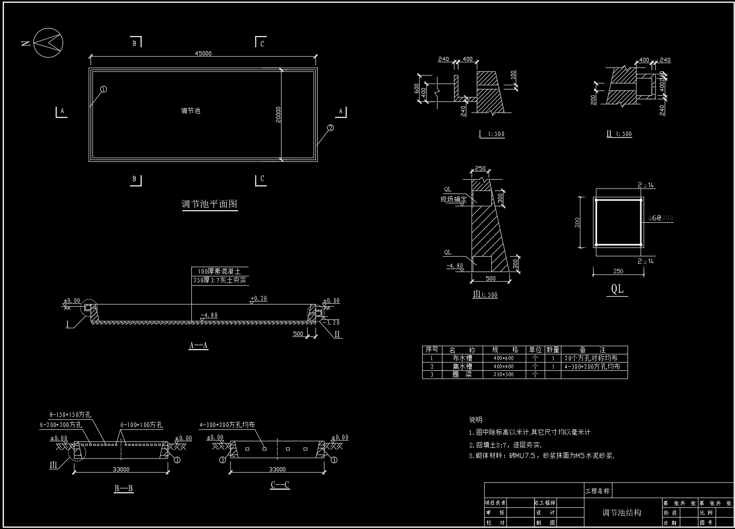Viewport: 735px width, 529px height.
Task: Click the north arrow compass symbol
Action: [x=48, y=43]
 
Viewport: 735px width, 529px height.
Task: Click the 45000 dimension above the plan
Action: [x=203, y=53]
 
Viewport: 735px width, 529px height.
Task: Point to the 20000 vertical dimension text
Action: [x=278, y=115]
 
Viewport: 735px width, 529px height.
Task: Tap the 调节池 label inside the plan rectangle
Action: [x=190, y=111]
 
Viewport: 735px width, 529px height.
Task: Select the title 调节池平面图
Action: [x=209, y=204]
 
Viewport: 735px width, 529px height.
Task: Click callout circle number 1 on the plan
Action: [x=104, y=89]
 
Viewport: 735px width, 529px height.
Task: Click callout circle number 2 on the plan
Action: [x=330, y=128]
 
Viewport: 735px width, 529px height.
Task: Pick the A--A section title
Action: [x=198, y=345]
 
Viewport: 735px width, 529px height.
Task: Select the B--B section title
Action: [x=123, y=488]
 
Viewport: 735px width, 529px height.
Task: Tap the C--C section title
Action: [x=280, y=485]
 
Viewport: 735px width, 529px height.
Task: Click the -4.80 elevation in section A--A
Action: [x=209, y=315]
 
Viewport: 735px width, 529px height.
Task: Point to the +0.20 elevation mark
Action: [x=259, y=298]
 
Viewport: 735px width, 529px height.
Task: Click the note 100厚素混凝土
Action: [x=219, y=272]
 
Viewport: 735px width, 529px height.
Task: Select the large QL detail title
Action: [x=617, y=289]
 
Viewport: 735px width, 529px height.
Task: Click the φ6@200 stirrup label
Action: [x=661, y=218]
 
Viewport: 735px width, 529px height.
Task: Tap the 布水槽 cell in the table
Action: [x=462, y=358]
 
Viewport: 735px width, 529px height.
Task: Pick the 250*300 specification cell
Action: [x=503, y=375]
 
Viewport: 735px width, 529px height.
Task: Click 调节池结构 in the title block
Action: [x=621, y=513]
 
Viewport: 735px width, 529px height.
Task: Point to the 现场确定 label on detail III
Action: [x=453, y=200]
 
